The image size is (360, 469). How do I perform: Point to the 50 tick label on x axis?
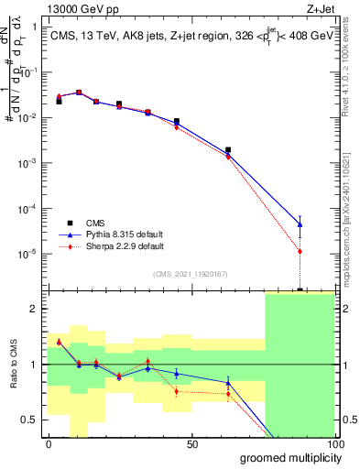point(191,444)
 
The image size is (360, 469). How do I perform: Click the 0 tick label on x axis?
point(49,444)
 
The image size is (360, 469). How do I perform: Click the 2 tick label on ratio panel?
point(33,309)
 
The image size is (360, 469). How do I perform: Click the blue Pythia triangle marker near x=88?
point(300,224)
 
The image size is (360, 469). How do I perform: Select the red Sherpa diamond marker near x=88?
point(300,251)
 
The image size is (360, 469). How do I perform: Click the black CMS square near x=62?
point(227,149)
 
